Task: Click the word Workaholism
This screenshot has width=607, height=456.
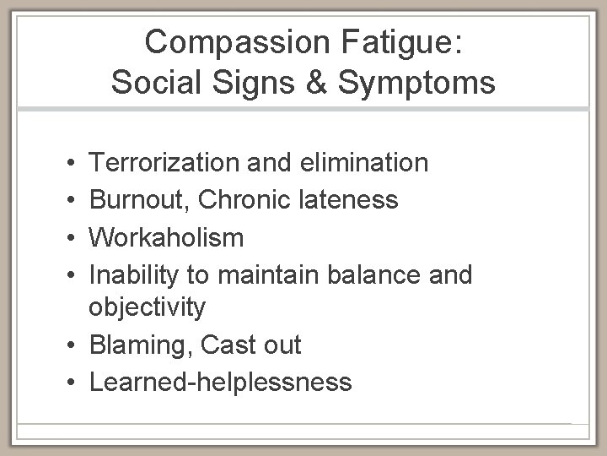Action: coord(166,237)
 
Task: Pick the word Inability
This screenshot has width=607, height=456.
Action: coord(129,275)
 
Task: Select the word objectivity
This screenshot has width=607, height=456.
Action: coord(147,307)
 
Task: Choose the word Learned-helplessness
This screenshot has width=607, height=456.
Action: coord(220,383)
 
